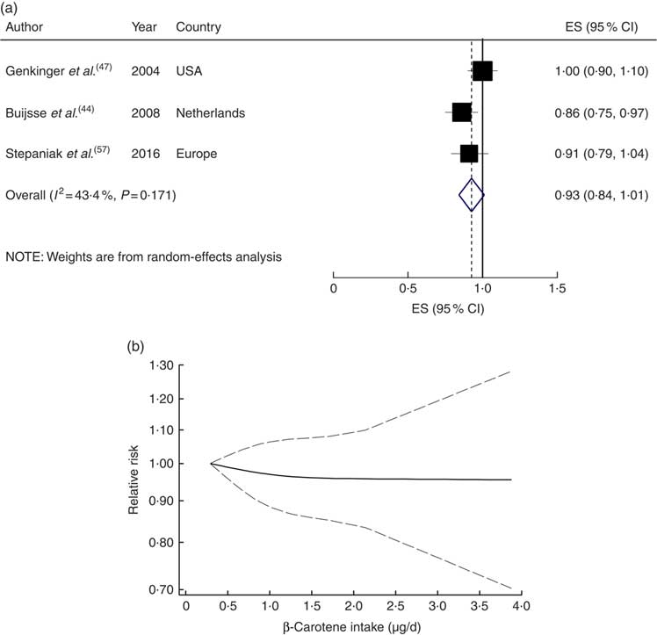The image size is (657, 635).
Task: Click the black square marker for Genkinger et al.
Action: pos(482,71)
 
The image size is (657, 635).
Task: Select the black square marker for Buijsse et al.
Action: pos(461,112)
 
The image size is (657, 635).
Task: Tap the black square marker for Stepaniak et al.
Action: pos(469,154)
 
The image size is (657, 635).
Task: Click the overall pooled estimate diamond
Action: pos(472,194)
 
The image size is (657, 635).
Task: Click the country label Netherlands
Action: pos(210,113)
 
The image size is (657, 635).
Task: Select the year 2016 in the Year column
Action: pos(143,154)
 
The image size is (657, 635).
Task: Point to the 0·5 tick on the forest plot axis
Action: pos(408,288)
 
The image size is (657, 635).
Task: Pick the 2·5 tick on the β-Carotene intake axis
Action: pos(395,606)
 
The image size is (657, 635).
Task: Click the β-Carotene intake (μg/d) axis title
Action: pos(350,626)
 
